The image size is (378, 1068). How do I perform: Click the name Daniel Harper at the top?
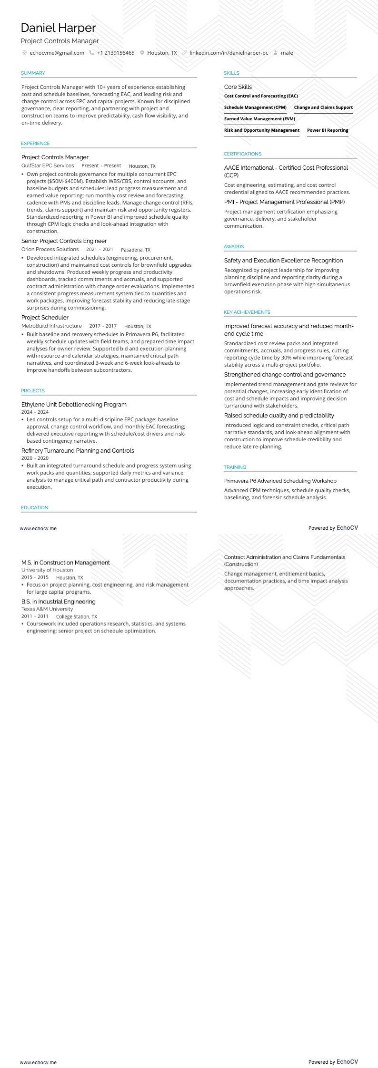tap(58, 28)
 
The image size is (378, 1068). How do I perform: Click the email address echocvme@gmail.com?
tap(57, 53)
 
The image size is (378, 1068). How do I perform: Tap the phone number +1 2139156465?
tap(116, 53)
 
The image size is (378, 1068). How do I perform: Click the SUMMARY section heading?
tap(33, 73)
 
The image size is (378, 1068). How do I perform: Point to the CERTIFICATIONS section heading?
tap(242, 154)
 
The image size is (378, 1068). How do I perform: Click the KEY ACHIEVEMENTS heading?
tap(247, 312)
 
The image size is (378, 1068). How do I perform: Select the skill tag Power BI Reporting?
tap(328, 130)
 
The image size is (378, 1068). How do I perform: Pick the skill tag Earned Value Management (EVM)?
tap(259, 119)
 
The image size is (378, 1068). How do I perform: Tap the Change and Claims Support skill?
tap(323, 107)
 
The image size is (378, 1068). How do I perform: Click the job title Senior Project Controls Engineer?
tap(64, 241)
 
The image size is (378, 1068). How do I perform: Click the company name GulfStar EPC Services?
tap(48, 166)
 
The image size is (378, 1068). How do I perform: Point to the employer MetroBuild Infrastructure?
tap(51, 326)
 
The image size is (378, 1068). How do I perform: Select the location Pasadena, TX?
tap(136, 250)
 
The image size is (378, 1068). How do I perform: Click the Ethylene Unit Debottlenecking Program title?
tap(74, 405)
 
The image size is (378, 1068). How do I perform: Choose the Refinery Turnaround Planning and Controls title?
tap(78, 451)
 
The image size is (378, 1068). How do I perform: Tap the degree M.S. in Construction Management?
tap(65, 563)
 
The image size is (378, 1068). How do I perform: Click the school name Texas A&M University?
tap(47, 609)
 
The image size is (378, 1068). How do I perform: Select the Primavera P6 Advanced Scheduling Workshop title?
tap(280, 481)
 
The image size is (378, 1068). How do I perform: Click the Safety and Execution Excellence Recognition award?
tap(283, 261)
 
